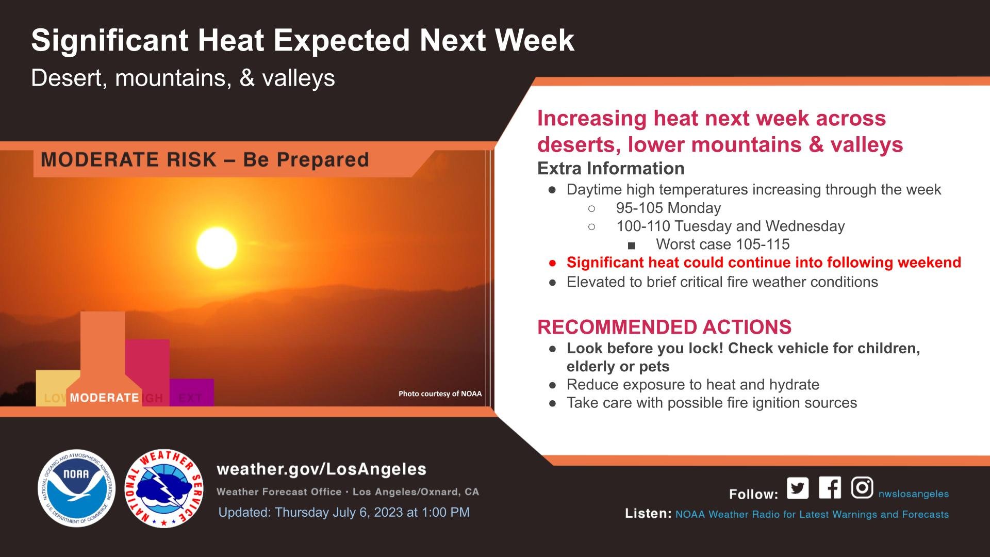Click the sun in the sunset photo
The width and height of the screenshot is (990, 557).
coord(217,248)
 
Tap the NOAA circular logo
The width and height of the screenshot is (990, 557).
coord(76,488)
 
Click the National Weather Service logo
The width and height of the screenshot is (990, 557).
coord(164,488)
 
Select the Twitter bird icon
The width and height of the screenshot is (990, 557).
coord(798,488)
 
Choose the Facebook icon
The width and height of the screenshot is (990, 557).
coord(830,487)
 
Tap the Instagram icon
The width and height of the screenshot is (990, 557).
coord(862,487)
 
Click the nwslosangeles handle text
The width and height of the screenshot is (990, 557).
coord(914,494)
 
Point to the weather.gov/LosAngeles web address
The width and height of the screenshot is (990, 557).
coord(322,469)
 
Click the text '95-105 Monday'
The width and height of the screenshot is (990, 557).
coord(668,208)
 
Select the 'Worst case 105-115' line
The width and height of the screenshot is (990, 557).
coord(723,244)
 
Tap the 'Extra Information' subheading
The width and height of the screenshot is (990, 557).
coord(611,168)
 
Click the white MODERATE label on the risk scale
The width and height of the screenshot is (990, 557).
coord(104,398)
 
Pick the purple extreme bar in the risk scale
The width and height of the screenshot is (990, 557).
coord(192,392)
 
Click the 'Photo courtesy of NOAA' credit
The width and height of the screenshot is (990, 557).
coord(440,394)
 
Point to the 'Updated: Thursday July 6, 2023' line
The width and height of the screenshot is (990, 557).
coord(344,512)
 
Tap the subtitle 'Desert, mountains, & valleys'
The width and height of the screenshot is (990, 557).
coord(183,78)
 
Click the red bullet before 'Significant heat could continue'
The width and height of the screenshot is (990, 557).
coord(553,263)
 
